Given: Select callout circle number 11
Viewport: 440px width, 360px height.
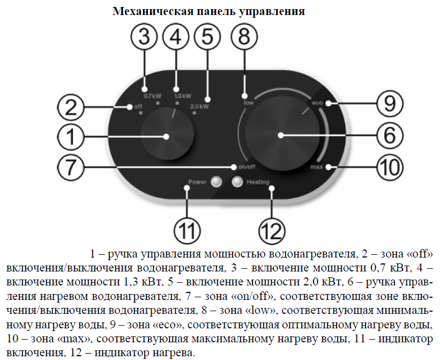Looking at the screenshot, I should (185, 231).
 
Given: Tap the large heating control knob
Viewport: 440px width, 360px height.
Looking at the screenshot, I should (281, 135).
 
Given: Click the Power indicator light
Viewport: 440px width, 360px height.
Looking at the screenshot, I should (216, 182).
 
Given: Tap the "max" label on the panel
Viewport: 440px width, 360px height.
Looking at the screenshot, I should (316, 168).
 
